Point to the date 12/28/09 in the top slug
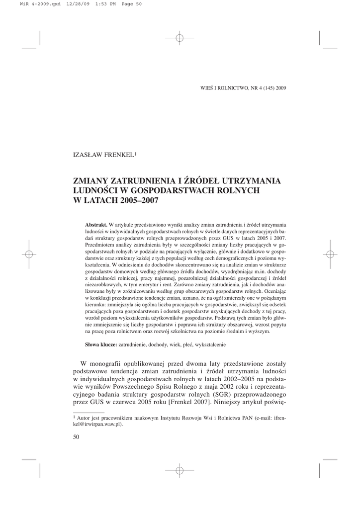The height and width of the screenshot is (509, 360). tap(76, 4)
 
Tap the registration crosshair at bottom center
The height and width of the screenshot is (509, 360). tap(180, 470)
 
